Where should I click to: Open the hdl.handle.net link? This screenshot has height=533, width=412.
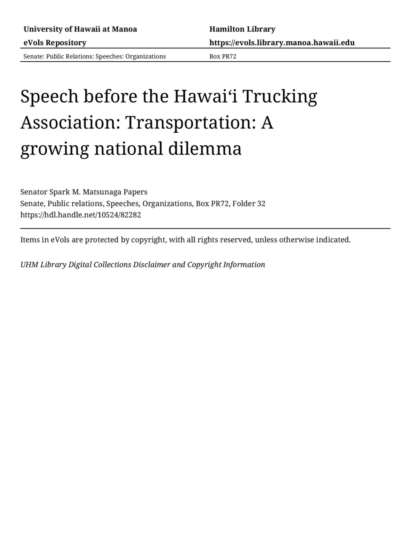click(81, 215)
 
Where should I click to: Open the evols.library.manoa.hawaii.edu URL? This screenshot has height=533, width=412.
click(282, 43)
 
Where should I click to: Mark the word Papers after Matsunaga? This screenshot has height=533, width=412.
click(136, 192)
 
